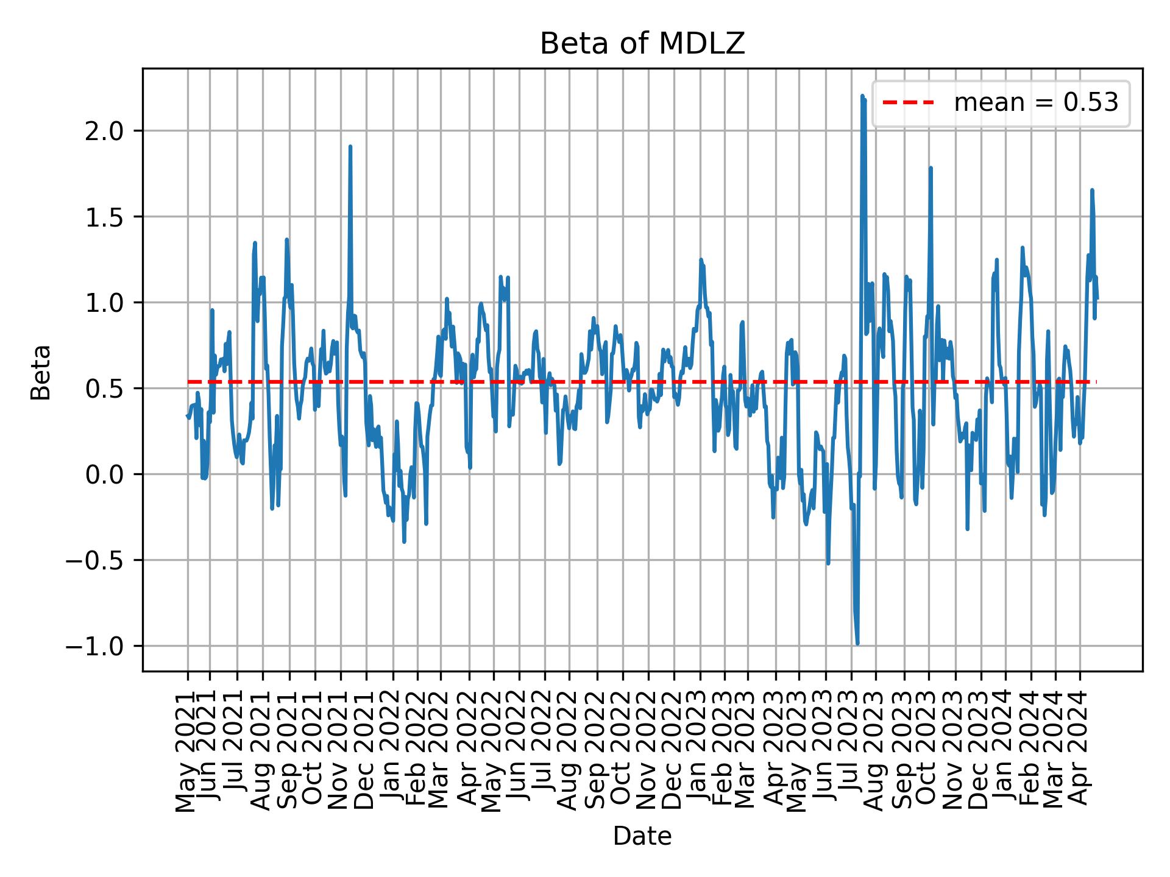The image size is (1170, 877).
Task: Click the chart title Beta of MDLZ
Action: tap(642, 44)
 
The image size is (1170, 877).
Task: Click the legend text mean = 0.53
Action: tap(1036, 104)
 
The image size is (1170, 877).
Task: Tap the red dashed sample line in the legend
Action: tap(908, 104)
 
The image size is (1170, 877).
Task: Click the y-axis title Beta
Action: tap(41, 372)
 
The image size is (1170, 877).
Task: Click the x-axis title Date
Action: tap(642, 837)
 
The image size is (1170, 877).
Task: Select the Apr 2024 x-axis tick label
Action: tap(1079, 752)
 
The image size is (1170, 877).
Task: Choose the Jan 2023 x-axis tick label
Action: tap(700, 752)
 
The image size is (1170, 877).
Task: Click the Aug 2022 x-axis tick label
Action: tap(568, 752)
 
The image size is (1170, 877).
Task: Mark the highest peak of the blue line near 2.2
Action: tap(862, 96)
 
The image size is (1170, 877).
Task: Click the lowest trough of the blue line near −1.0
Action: tap(857, 643)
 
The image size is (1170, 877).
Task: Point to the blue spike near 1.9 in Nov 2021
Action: tap(350, 147)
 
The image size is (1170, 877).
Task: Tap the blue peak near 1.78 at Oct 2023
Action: tap(931, 168)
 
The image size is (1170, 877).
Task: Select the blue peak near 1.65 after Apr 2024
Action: tap(1092, 191)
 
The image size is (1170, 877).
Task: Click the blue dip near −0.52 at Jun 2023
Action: tap(828, 563)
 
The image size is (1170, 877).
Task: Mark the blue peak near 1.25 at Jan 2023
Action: tap(701, 259)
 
